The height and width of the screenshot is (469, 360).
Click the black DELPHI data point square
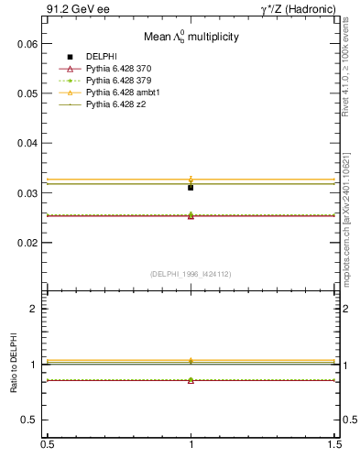coord(191,187)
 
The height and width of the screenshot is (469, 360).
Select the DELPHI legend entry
coord(101,57)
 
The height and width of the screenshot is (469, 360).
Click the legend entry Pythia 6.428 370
coord(118,69)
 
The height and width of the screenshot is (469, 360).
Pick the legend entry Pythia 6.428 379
coord(118,81)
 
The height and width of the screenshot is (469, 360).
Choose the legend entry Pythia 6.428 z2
coord(115,104)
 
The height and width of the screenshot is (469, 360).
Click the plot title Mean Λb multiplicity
coord(191,38)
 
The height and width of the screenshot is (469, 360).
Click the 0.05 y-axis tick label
coord(27,93)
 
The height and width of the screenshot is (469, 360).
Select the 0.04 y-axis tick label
coord(27,144)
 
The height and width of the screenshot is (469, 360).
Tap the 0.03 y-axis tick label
coord(27,193)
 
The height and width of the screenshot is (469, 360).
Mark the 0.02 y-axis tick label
coord(27,243)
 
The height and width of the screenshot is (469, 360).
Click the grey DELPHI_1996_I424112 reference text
coord(191,273)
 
